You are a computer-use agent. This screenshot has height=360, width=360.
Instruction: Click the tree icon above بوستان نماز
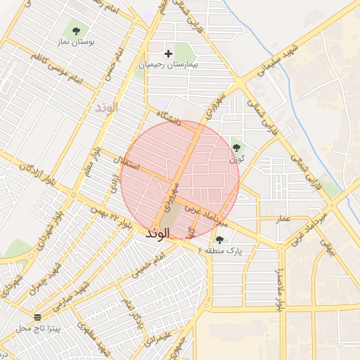pyautogui.click(x=76, y=30)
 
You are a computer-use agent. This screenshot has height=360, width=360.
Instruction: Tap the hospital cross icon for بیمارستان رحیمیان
pyautogui.click(x=168, y=53)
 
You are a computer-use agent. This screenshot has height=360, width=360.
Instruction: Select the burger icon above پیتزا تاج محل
pyautogui.click(x=37, y=317)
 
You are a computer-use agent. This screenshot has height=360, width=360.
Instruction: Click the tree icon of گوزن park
pyautogui.click(x=236, y=148)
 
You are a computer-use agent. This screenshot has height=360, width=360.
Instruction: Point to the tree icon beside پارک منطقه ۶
pyautogui.click(x=219, y=240)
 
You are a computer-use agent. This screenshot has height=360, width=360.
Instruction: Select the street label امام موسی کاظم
pyautogui.click(x=56, y=70)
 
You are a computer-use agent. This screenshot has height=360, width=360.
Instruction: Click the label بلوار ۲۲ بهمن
pyautogui.click(x=111, y=216)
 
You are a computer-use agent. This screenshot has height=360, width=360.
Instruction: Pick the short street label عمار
pyautogui.click(x=283, y=220)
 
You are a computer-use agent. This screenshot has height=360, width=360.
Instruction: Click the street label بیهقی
pyautogui.click(x=326, y=245)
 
